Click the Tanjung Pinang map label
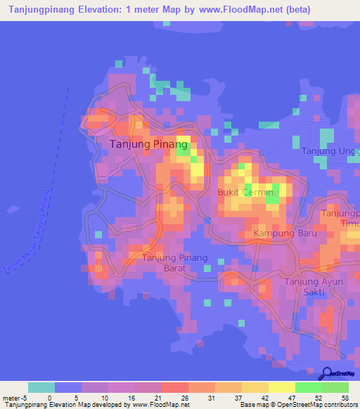[x=150, y=145]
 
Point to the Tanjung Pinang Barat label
[x=175, y=262]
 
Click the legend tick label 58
[x=345, y=397]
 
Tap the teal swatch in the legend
[x=41, y=387]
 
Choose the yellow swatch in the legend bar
[x=281, y=387]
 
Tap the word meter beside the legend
[x=10, y=397]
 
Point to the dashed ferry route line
[x=59, y=134]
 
